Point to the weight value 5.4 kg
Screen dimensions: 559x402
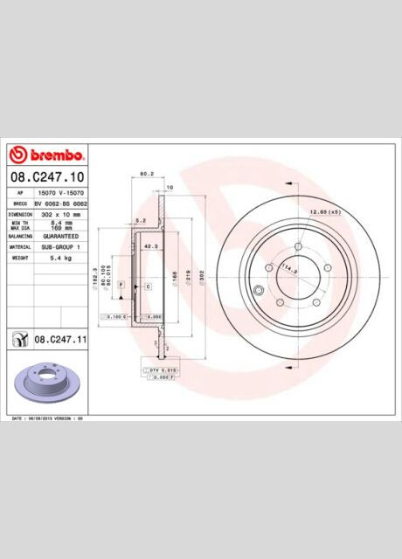click(x=61, y=259)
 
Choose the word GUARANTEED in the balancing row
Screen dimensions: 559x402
click(x=61, y=236)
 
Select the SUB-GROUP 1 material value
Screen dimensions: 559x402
click(x=61, y=247)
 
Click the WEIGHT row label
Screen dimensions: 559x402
click(x=20, y=259)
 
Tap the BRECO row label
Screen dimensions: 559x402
click(x=20, y=203)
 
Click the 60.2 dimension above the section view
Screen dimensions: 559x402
click(x=148, y=174)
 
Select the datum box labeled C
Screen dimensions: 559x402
click(x=148, y=286)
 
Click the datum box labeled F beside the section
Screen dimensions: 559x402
click(x=121, y=286)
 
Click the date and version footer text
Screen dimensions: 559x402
click(x=45, y=419)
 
